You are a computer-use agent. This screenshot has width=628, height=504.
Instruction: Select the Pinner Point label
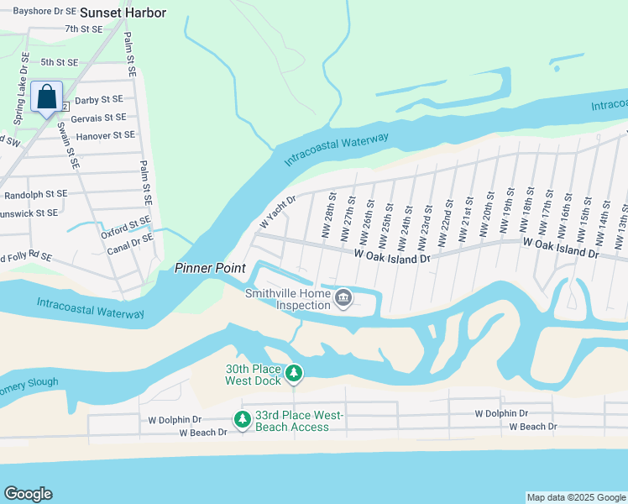tap(210, 268)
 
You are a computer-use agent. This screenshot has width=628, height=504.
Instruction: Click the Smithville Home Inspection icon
tap(343, 298)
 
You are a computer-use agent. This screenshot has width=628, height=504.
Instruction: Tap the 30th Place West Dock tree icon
tap(294, 372)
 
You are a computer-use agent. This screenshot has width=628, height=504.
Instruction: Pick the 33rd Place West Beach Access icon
tap(243, 418)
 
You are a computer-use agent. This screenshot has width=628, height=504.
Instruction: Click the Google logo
tap(29, 494)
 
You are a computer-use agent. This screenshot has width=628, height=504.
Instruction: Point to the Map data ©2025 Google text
tap(576, 497)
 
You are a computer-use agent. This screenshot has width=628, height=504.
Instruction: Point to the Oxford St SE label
tap(126, 226)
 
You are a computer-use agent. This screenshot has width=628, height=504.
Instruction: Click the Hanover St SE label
tap(104, 134)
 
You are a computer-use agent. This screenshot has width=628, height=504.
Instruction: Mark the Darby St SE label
tap(99, 100)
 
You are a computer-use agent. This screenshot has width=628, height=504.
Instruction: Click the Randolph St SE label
tap(35, 193)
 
